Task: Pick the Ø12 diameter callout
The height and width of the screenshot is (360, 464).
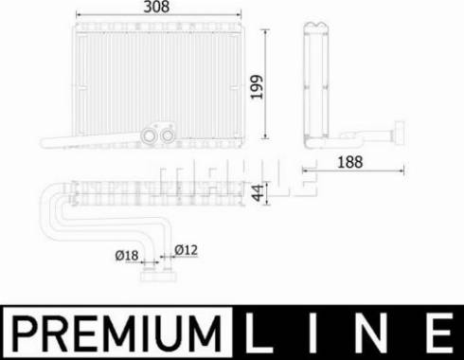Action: coord(187,250)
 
